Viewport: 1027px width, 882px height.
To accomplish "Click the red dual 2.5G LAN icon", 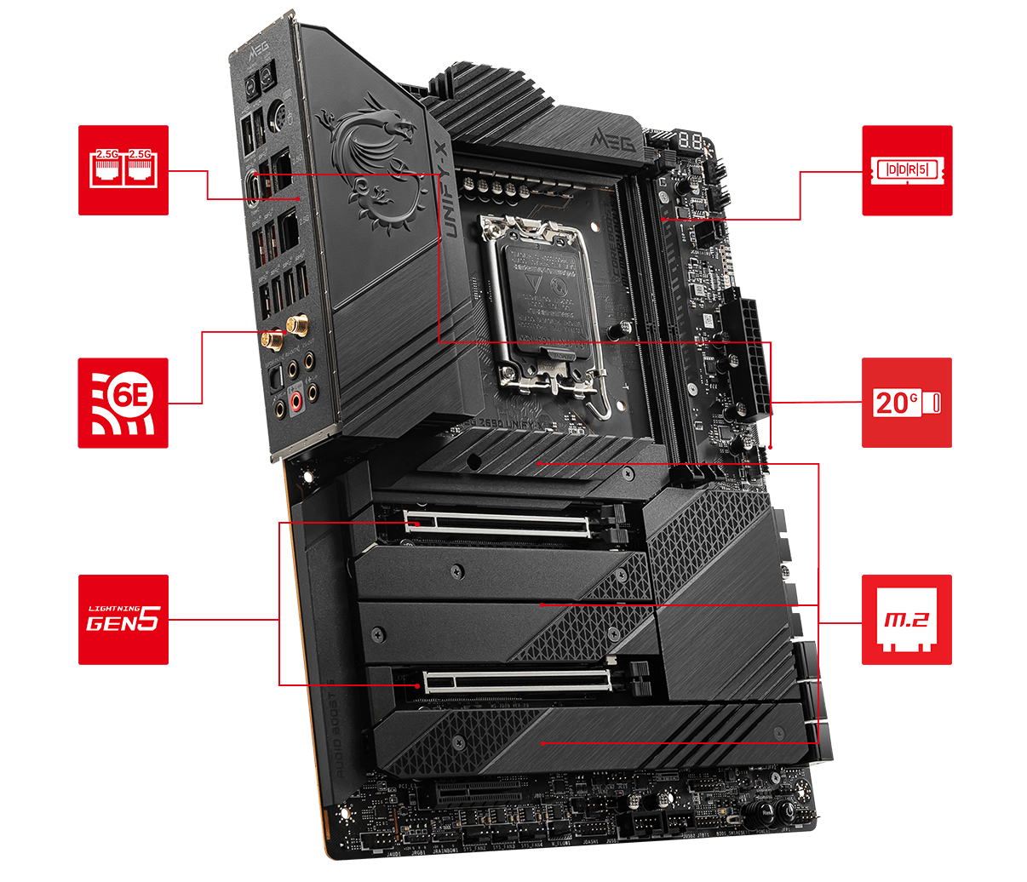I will (123, 170).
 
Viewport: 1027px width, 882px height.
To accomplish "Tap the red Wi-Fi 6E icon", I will (123, 403).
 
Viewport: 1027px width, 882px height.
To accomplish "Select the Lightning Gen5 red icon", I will (123, 619).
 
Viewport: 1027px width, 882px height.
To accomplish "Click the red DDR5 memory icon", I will (907, 170).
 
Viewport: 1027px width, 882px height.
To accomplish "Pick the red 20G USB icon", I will (907, 403).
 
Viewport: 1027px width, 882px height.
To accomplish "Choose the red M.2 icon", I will (907, 619).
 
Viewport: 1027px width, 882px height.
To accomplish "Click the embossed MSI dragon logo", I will (375, 166).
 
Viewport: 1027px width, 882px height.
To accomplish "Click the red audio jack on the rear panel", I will (297, 399).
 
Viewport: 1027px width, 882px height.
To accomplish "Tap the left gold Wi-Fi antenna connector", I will (271, 341).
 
